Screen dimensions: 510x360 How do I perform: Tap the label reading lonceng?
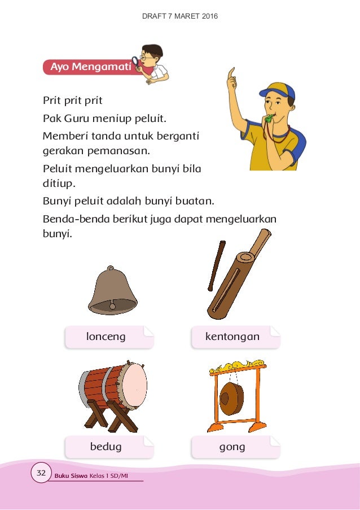coord(106,337)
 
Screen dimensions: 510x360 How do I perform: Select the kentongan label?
coord(232,337)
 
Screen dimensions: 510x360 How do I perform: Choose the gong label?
coord(232,447)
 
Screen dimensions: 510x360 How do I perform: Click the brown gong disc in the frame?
coord(231,398)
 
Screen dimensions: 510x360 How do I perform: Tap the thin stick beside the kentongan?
coord(216,265)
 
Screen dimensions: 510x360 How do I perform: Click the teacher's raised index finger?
coord(230,73)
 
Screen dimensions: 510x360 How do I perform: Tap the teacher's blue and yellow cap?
coord(278,90)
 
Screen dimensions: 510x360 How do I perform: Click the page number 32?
coord(41,472)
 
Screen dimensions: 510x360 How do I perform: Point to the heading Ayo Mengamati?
coord(90,68)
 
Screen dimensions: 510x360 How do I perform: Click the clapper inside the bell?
coord(112,306)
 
